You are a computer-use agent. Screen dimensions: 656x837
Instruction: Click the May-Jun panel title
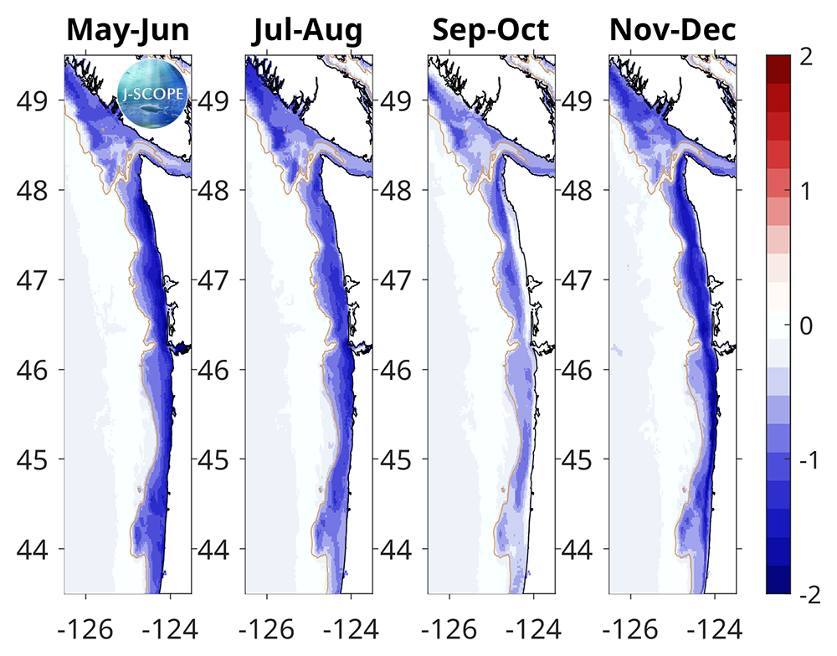tap(127, 31)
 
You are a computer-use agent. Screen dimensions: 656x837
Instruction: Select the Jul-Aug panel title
tap(308, 31)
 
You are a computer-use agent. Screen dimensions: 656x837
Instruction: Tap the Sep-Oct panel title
tap(490, 31)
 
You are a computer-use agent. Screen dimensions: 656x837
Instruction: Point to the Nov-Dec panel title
tap(673, 31)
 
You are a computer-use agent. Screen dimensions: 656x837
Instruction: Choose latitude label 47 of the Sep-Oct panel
tap(398, 279)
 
